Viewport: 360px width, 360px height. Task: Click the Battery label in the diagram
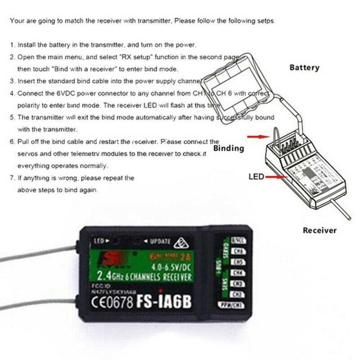click(x=304, y=68)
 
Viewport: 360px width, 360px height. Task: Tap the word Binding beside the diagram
click(x=229, y=148)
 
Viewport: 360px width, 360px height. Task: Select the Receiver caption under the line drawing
click(x=319, y=230)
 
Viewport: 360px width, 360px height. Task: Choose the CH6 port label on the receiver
click(x=237, y=251)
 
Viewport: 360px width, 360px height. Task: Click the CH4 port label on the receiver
click(x=237, y=273)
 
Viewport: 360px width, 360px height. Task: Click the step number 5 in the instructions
click(x=12, y=117)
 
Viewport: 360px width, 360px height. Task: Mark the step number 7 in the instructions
click(x=12, y=178)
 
